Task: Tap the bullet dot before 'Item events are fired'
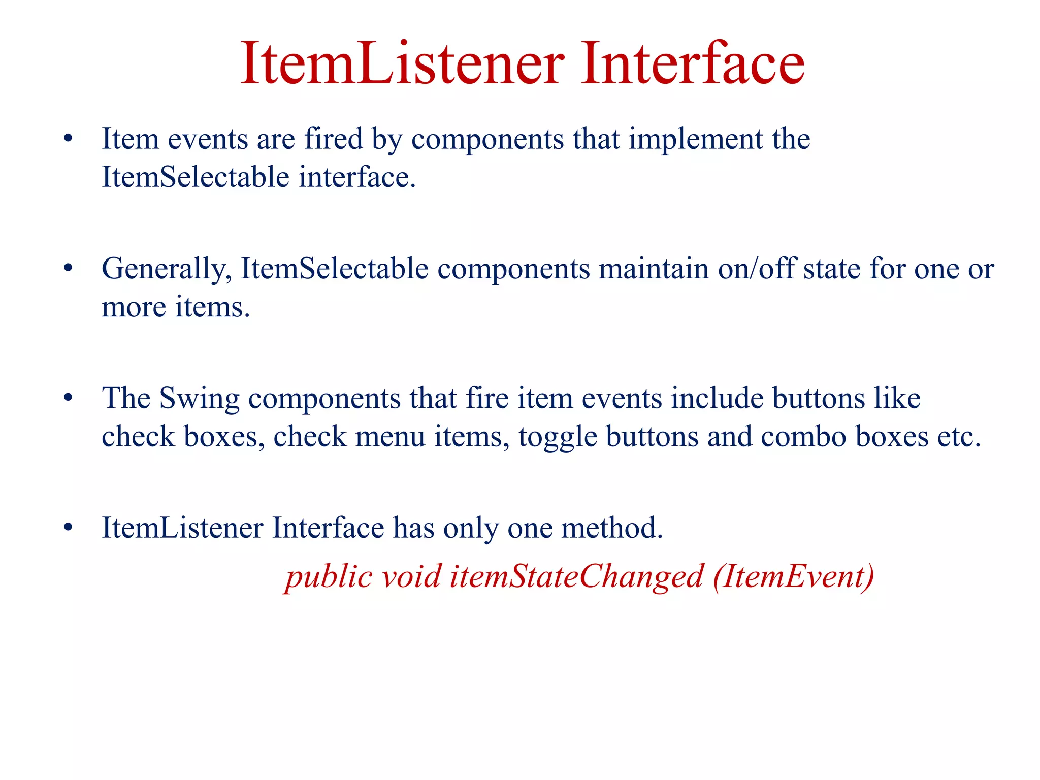(69, 138)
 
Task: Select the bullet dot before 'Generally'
(69, 268)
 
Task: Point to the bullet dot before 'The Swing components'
(69, 398)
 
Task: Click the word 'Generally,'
(167, 268)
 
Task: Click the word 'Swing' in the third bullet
(199, 398)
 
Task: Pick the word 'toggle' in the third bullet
(558, 437)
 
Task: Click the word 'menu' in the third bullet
(390, 437)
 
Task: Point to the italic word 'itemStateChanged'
(576, 576)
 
